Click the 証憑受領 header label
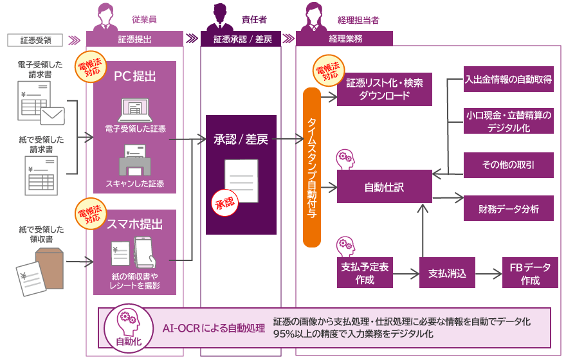(x=35, y=39)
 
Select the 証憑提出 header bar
(x=134, y=39)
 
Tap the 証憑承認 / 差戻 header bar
(x=242, y=39)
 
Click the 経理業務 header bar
(x=345, y=39)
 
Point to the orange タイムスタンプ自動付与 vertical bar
(x=311, y=168)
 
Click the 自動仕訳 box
(x=384, y=188)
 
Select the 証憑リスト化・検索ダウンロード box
(x=385, y=89)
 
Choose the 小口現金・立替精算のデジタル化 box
(x=508, y=121)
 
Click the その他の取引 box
(x=508, y=165)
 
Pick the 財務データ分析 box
(x=508, y=208)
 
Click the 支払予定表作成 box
(x=363, y=274)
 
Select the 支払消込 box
(x=447, y=274)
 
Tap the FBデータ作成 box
(x=530, y=274)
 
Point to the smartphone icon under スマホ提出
(x=145, y=253)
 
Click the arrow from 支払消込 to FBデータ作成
(x=488, y=274)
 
